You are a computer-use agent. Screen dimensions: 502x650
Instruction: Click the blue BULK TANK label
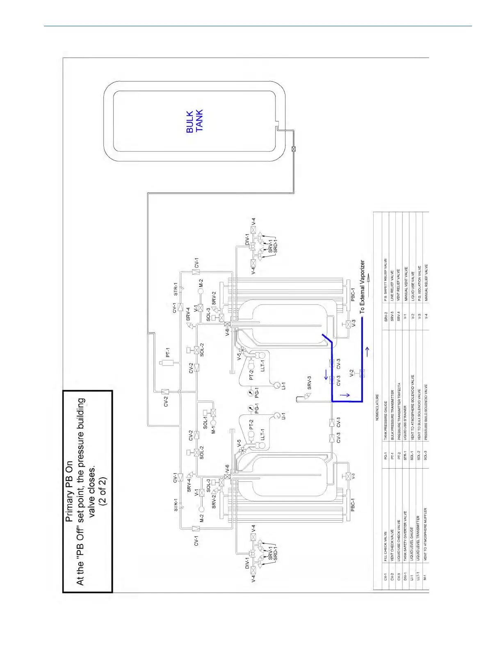[195, 121]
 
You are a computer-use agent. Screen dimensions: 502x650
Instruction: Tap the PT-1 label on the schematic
[168, 352]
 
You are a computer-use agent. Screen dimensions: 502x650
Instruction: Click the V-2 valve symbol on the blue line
[362, 373]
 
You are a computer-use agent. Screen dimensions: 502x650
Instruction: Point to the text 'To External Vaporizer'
[362, 287]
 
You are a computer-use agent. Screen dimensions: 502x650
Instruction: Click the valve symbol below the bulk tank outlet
[293, 149]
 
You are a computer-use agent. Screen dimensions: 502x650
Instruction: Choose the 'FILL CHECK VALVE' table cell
[386, 546]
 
